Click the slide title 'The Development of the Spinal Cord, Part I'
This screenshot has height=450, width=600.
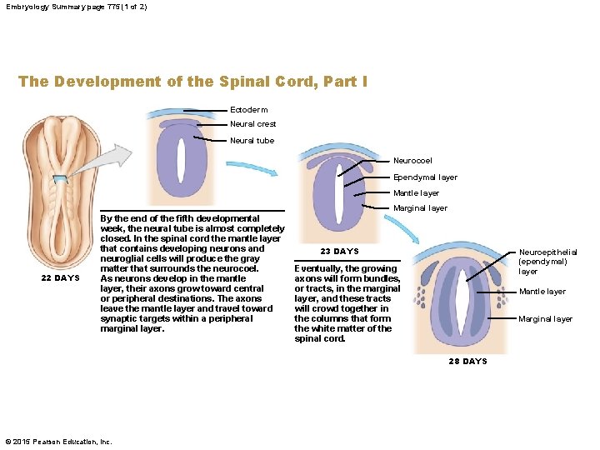point(192,82)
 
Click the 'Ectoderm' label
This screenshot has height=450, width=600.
point(248,109)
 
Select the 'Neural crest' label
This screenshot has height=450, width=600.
point(252,124)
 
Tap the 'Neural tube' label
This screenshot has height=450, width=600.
point(252,140)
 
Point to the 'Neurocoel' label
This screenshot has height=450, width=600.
point(412,161)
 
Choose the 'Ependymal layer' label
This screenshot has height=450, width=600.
point(424,177)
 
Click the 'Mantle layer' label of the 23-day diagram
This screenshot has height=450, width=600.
point(416,193)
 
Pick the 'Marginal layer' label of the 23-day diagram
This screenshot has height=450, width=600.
point(420,208)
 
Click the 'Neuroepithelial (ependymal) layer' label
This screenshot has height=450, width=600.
point(547,261)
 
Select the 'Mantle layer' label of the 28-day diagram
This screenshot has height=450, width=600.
point(542,292)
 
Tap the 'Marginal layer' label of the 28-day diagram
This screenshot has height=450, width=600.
point(545,319)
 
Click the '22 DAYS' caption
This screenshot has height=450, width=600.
point(61,278)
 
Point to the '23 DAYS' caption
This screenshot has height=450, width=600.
point(339,252)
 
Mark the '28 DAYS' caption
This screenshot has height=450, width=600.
point(467,361)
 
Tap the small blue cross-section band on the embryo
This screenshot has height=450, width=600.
point(61,179)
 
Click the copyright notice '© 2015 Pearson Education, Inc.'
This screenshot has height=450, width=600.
point(58,441)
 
